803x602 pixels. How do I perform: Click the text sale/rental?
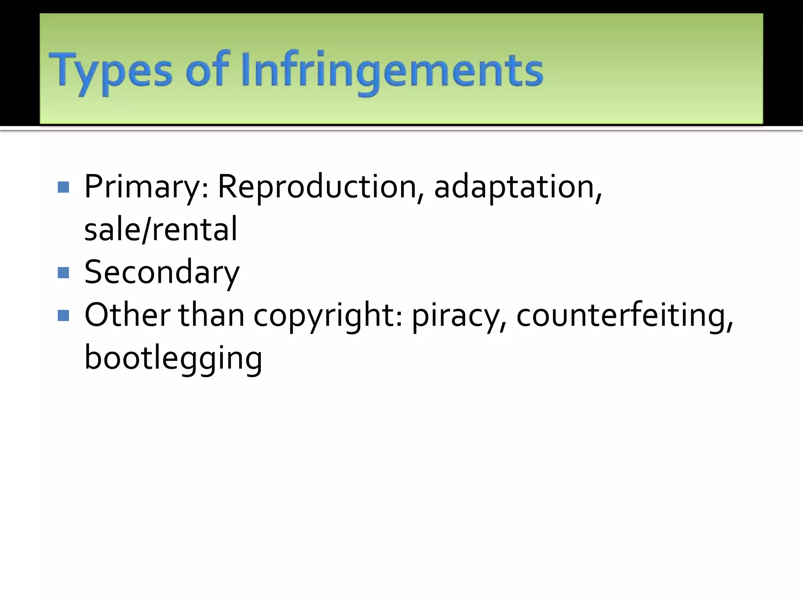161,229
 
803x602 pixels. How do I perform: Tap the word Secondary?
162,273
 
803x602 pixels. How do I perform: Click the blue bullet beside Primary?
63,187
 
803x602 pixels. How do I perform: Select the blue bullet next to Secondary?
63,272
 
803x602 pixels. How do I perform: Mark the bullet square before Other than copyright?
63,315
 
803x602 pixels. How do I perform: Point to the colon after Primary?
205,190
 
